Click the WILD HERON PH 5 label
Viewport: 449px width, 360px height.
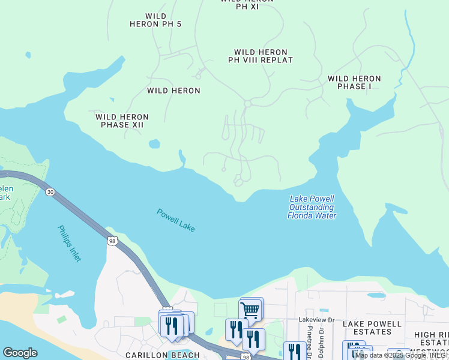coord(155,20)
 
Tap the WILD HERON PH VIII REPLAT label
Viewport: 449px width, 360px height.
coord(261,56)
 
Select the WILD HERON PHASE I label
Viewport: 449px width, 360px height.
coord(354,82)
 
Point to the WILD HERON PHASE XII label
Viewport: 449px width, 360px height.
coord(122,121)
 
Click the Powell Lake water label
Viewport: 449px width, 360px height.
coord(176,220)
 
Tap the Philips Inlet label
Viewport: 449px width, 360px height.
coord(69,243)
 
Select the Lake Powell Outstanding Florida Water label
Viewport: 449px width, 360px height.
coord(312,207)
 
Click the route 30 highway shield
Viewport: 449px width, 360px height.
coord(49,191)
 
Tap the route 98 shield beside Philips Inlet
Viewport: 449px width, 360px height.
coord(112,241)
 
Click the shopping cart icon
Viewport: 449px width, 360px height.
coord(250,310)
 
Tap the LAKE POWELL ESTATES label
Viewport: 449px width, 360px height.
coord(372,328)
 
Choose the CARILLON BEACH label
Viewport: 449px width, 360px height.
coord(162,355)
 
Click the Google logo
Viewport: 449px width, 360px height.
coord(20,353)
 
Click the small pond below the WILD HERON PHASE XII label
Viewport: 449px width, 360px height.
coord(154,144)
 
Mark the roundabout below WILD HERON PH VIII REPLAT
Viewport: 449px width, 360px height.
coord(247,104)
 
